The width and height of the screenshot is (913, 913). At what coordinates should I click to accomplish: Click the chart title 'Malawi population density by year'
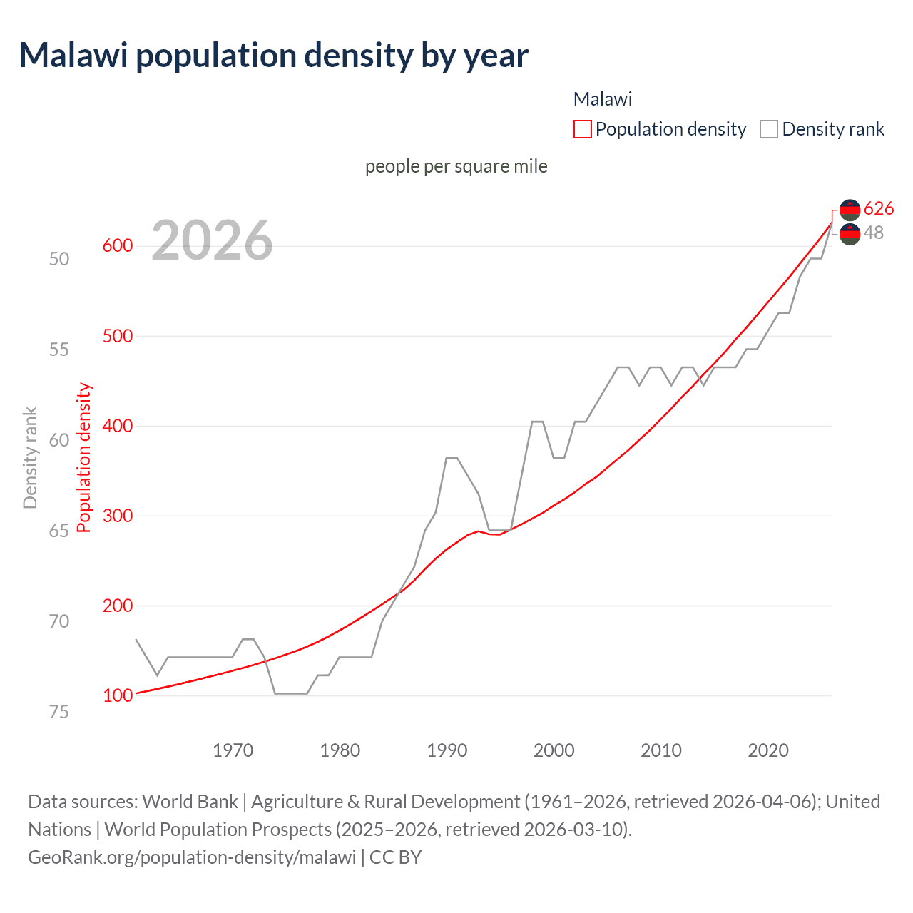click(274, 56)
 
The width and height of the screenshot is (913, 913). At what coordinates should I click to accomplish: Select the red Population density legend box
click(583, 129)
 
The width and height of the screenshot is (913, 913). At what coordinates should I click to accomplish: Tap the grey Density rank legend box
click(769, 129)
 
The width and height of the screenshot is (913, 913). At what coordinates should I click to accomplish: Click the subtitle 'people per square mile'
click(456, 166)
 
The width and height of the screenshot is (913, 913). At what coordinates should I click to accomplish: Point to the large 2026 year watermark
click(212, 240)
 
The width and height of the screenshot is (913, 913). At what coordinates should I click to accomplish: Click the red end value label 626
click(878, 208)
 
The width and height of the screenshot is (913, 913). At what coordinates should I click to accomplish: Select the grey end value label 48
click(873, 233)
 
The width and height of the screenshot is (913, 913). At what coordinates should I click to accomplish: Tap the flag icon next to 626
click(850, 209)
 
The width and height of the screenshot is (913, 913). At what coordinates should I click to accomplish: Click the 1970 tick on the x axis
click(233, 750)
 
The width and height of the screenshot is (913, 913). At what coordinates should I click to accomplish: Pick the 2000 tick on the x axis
click(554, 750)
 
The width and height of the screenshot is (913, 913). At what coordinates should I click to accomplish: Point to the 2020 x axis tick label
click(768, 750)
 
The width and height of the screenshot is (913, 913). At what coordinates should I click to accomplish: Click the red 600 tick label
click(118, 246)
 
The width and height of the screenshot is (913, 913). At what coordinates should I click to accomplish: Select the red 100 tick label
click(118, 695)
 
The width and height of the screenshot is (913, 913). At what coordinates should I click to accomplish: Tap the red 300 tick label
click(118, 516)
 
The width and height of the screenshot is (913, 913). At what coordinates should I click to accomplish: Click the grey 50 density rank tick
click(59, 259)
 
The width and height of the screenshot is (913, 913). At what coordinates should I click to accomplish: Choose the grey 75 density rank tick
click(59, 712)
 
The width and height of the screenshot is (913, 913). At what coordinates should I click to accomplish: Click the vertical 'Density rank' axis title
click(30, 457)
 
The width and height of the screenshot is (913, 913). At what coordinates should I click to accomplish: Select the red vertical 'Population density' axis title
click(84, 457)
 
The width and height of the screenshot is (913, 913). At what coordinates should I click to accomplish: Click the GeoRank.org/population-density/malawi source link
click(192, 857)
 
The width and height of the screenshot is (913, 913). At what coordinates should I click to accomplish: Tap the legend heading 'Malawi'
click(603, 99)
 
